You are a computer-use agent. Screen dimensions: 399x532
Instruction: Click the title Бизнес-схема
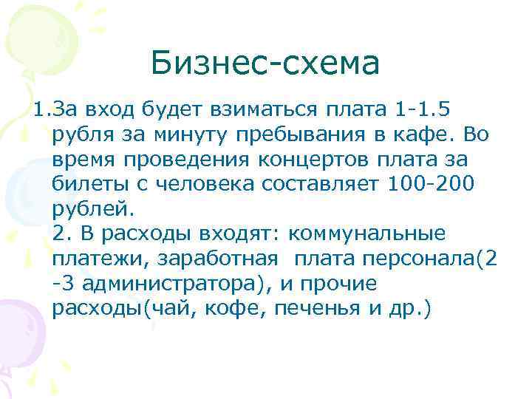pos(265,63)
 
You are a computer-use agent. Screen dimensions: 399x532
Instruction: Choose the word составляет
pos(323,185)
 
